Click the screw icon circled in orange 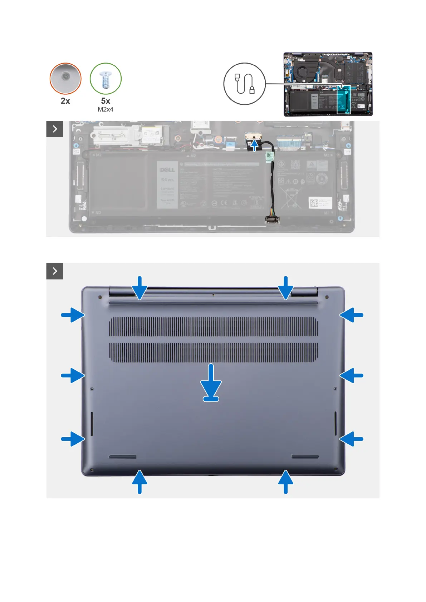coord(65,78)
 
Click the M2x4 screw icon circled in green coord(106,79)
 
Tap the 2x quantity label coord(65,101)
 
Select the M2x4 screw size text coord(106,109)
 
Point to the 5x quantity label coord(106,101)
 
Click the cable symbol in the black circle coord(245,84)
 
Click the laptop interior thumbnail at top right coord(328,84)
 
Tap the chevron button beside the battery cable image coord(55,129)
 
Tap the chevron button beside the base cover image coord(55,271)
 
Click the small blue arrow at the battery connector coord(254,145)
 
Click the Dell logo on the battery coord(167,170)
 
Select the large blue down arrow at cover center coord(211,383)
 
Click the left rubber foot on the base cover coord(123,457)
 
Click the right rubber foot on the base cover coord(305,457)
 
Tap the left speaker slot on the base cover coord(92,424)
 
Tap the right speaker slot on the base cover coord(336,424)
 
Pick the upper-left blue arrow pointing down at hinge coord(139,287)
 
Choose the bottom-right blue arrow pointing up coord(285,482)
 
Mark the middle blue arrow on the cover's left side coord(73,375)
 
